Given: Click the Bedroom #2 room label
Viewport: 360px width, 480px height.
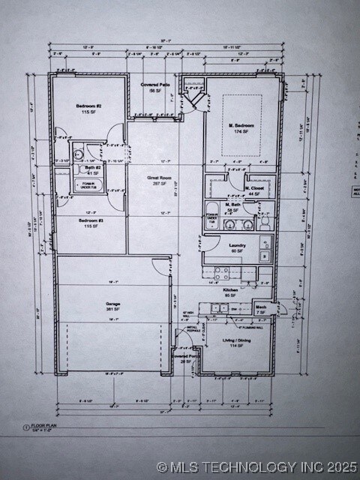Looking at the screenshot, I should (88, 109).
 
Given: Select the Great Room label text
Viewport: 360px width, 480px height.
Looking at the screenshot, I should (157, 179).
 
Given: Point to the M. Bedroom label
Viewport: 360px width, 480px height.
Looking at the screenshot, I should (241, 127).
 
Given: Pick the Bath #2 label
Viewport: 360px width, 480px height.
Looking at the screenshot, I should (91, 169).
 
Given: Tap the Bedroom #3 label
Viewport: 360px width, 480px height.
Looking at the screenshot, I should (89, 223).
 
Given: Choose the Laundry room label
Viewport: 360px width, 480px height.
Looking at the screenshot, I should (237, 247).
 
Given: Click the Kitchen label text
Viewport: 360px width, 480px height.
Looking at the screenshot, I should (231, 292).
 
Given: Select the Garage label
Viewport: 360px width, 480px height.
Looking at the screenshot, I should (113, 306).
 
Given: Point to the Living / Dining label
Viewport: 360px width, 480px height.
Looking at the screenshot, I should (236, 342).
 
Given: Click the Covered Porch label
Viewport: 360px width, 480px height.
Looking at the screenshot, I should (185, 358).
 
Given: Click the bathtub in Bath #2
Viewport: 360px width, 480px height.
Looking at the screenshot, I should (87, 183).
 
